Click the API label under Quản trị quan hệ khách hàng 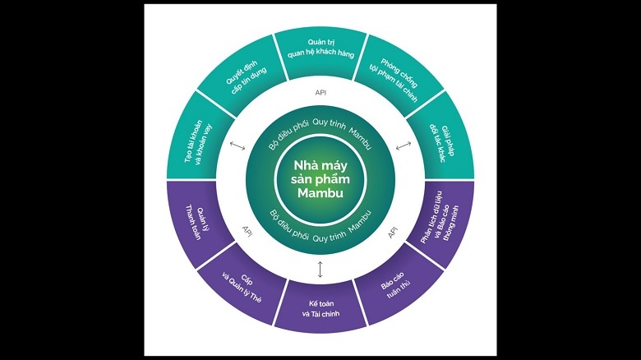point(320,93)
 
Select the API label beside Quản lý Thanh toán point(247,231)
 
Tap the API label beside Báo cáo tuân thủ point(393,233)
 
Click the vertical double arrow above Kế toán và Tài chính point(320,269)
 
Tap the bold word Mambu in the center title point(319,193)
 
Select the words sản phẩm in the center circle point(319,179)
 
